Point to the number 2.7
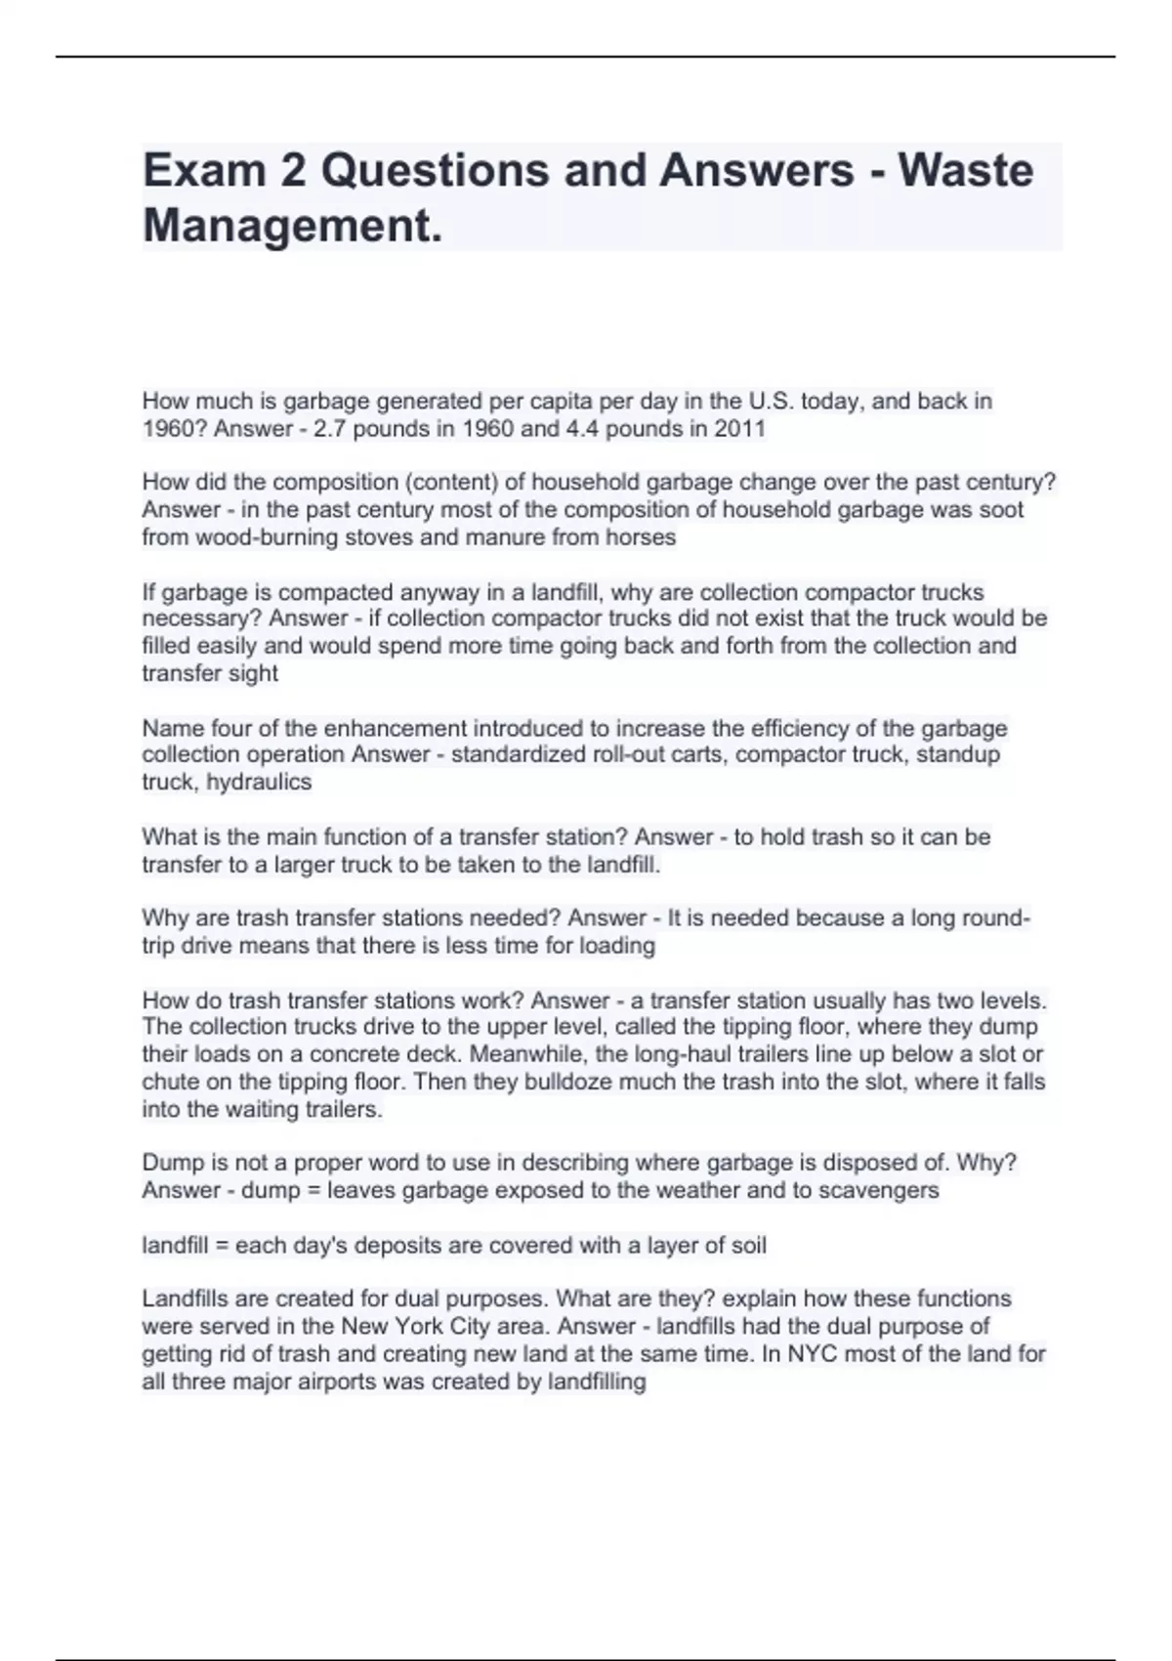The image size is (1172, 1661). (329, 429)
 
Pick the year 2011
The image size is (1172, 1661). (740, 429)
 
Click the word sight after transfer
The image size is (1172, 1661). (254, 673)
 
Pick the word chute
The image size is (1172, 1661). (170, 1083)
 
